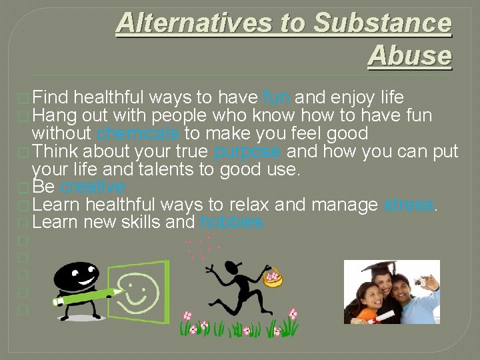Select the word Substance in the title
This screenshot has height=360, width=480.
[x=382, y=23]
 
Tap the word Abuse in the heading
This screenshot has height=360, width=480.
[x=409, y=56]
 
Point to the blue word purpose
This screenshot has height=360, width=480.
[x=247, y=151]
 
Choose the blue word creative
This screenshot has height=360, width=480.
[x=93, y=187]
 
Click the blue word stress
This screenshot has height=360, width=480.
[x=409, y=205]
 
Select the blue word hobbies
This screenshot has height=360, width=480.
[x=231, y=223]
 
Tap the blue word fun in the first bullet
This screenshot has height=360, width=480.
[x=276, y=97]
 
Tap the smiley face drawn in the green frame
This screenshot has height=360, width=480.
[x=141, y=288]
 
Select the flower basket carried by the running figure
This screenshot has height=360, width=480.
[x=273, y=277]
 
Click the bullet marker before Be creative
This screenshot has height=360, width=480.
[x=23, y=187]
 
